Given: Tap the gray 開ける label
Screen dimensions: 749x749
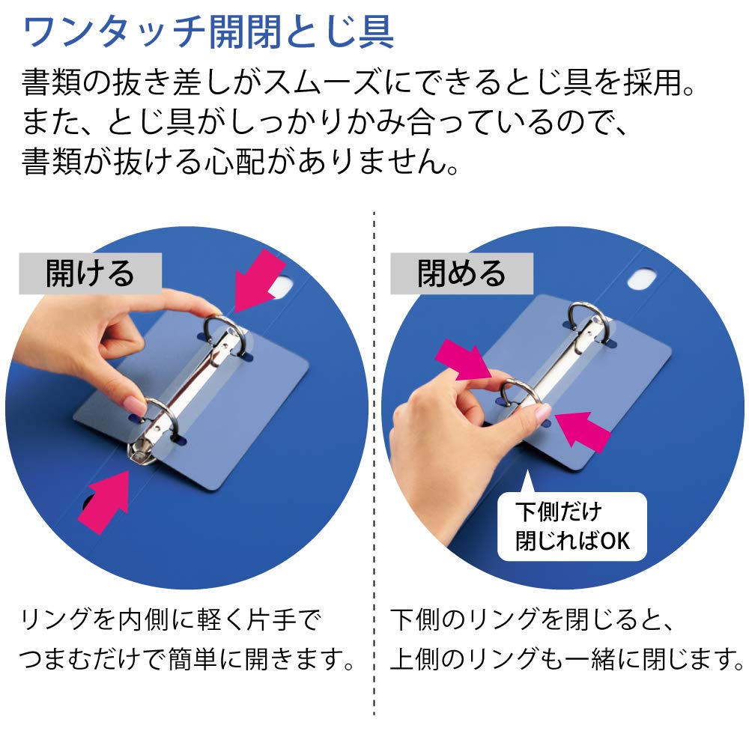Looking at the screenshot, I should tap(90, 273).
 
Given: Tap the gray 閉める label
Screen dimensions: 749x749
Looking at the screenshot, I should tap(461, 273).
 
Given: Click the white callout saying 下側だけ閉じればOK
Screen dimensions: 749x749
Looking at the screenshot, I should tap(571, 526).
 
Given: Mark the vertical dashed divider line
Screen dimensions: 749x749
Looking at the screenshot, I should tap(374, 464).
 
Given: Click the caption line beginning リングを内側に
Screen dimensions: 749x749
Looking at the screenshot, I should tap(171, 621).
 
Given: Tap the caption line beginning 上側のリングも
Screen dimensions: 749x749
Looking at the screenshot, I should tap(567, 660).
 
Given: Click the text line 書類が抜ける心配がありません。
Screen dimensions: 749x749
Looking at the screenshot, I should tap(240, 161).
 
